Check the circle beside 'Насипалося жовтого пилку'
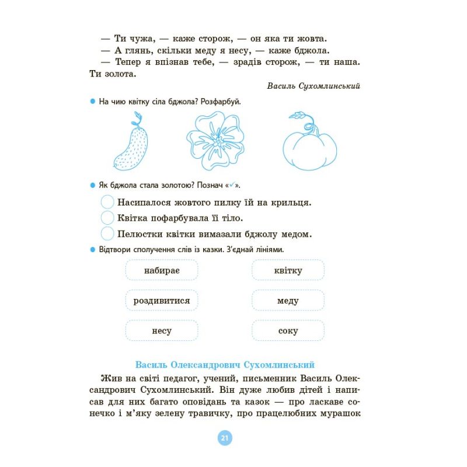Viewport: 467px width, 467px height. point(107,203)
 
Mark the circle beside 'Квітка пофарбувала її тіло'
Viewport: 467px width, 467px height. point(107,218)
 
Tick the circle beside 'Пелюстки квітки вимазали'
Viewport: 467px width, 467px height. point(107,233)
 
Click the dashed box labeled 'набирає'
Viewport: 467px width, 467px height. point(162,270)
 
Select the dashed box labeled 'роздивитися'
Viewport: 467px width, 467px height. point(162,301)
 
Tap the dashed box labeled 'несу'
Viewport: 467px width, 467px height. point(162,331)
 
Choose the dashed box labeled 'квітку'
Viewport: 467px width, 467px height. point(288,270)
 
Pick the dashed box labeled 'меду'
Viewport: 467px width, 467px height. point(288,301)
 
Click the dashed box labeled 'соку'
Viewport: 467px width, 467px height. point(288,331)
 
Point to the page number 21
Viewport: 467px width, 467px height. point(225,438)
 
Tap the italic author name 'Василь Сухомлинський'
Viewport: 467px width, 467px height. point(313,86)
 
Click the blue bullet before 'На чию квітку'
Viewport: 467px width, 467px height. point(92,102)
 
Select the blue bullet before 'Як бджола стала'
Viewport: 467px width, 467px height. point(92,186)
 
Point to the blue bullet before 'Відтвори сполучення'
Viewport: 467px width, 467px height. point(92,250)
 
